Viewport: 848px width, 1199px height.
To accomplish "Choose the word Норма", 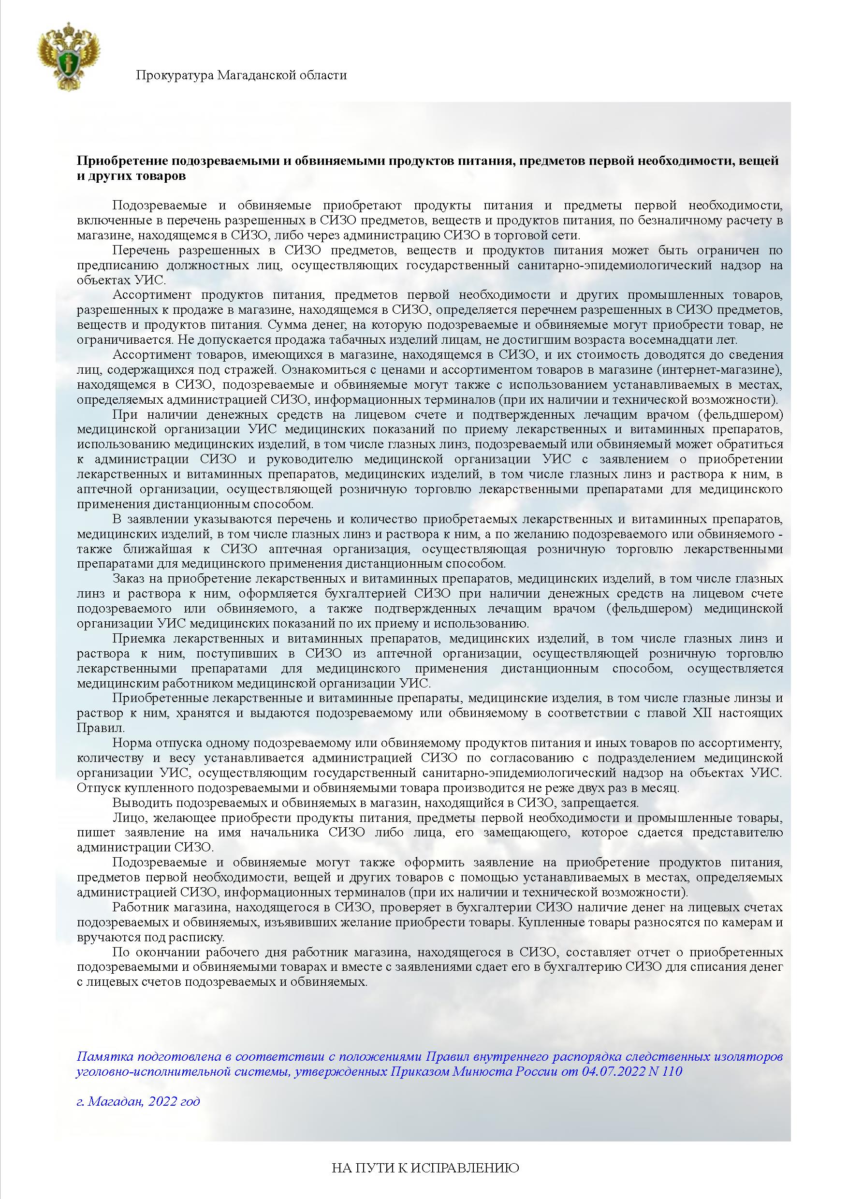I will pyautogui.click(x=130, y=743).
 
